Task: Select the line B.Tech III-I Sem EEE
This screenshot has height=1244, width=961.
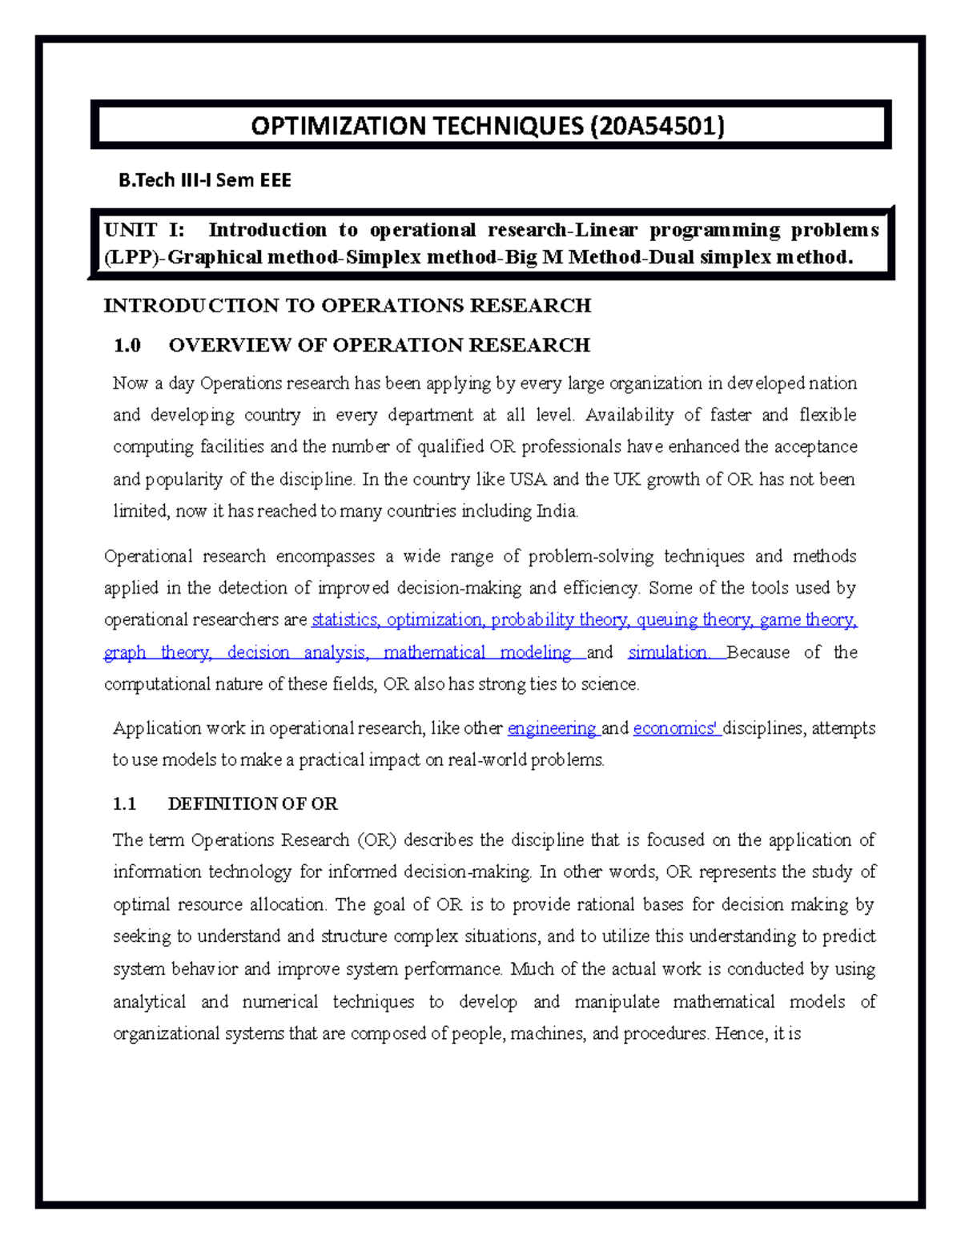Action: pos(205,180)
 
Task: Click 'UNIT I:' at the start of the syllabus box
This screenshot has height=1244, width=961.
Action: pos(144,230)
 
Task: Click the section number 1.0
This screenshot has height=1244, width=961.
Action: pos(127,345)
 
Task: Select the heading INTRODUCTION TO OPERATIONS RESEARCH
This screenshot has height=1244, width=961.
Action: pos(347,305)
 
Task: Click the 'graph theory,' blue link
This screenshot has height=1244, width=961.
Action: pos(158,652)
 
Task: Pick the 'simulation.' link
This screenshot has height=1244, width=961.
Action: pos(669,652)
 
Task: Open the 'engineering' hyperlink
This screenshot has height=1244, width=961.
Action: pos(552,728)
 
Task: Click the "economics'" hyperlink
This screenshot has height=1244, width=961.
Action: pos(674,728)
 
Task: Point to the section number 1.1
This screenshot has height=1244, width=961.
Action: pos(125,803)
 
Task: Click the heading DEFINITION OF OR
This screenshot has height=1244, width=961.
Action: pos(252,803)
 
